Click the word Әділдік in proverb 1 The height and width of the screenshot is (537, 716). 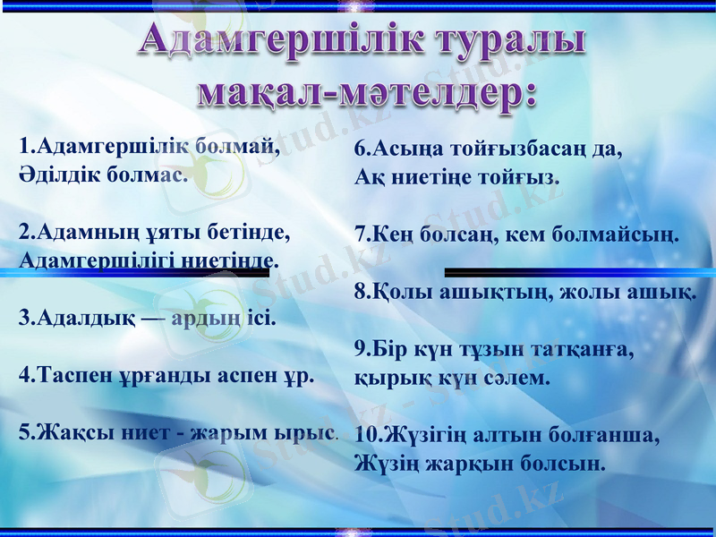60,174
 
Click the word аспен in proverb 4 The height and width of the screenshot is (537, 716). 247,375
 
